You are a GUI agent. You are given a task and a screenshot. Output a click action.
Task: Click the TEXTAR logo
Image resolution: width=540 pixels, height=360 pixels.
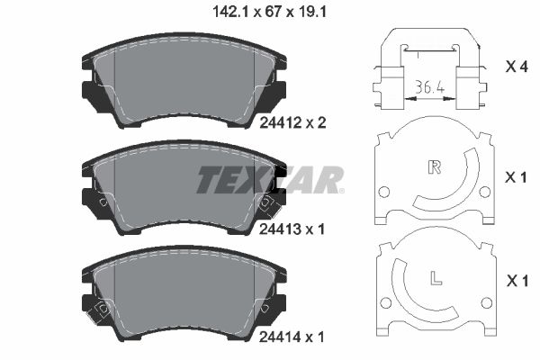click(270, 180)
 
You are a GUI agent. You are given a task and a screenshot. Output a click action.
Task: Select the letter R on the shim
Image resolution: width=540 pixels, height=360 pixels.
click(435, 166)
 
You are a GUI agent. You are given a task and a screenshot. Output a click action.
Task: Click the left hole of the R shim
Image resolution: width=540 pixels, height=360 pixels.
click(384, 192)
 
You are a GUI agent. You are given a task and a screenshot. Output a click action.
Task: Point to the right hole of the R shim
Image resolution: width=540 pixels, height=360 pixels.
click(484, 192)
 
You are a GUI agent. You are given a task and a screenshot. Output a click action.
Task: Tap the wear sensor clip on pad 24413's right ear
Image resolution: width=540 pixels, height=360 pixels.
click(265, 203)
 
